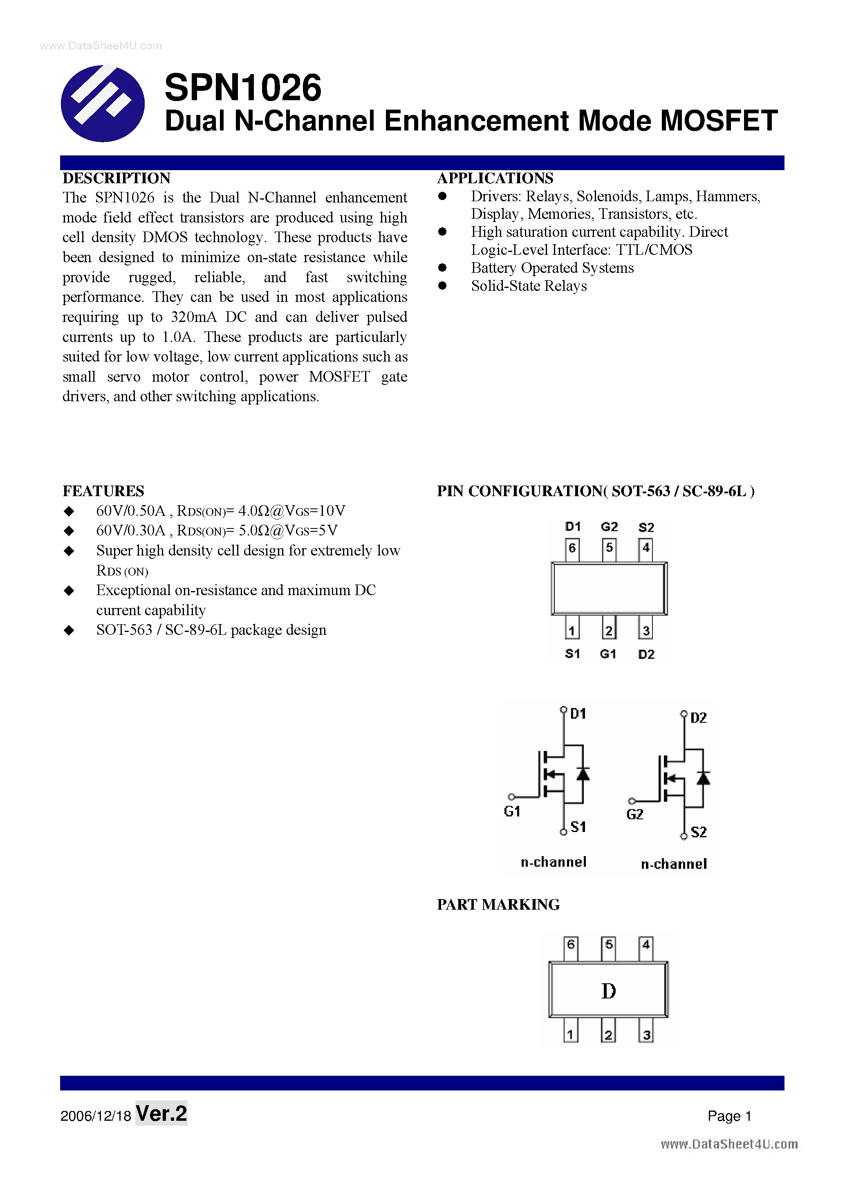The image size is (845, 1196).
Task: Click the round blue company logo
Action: pos(103,103)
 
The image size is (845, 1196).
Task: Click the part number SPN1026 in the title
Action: pos(242,88)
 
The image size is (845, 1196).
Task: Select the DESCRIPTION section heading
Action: pos(117,178)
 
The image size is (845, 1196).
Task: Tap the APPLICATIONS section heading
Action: pos(495,178)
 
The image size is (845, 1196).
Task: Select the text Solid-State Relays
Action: pos(529,286)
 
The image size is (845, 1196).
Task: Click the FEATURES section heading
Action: pos(103,491)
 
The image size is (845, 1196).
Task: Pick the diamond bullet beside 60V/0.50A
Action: pos(69,511)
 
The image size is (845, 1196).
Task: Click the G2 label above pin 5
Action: pos(609,527)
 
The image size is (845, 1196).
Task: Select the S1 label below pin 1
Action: pos(572,654)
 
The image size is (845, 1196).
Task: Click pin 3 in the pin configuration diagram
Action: pos(646,631)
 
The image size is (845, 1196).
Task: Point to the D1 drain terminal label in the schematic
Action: pos(578,714)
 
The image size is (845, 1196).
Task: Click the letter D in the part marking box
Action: pos(608,991)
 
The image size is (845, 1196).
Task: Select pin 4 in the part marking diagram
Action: pos(646,944)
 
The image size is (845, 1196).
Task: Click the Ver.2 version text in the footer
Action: pos(161,1113)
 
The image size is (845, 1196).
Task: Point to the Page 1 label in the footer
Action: pos(729,1116)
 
